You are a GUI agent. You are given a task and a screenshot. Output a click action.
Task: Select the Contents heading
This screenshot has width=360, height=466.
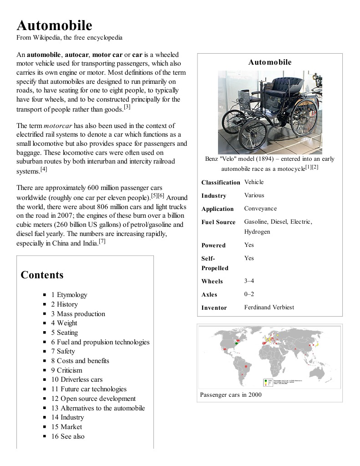[42, 275]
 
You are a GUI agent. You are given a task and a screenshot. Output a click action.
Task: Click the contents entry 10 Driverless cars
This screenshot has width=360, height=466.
[76, 379]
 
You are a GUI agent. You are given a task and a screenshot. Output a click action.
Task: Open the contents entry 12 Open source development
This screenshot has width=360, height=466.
[93, 399]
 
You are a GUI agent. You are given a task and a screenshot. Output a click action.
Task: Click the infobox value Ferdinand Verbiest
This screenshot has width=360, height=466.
[269, 307]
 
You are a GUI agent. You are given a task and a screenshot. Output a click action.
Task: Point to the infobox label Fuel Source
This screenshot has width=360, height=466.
[218, 222]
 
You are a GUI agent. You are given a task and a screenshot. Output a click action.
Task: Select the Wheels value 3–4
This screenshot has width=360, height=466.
[249, 281]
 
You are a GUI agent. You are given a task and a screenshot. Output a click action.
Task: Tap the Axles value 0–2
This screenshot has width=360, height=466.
[249, 294]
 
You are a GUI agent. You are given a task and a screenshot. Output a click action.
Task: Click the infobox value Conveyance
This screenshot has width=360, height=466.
[260, 209]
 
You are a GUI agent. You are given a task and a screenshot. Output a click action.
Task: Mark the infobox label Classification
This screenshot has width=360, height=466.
[221, 182]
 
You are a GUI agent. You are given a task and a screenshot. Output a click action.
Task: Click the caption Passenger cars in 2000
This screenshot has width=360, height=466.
[231, 394]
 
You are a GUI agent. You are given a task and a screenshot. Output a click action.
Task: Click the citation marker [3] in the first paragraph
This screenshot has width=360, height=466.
[127, 107]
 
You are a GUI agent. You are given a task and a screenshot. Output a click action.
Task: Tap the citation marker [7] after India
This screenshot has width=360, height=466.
[102, 241]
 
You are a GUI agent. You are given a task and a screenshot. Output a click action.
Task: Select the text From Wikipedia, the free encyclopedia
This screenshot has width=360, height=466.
[69, 37]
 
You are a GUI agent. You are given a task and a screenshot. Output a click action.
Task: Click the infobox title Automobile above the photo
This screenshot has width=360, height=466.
[269, 62]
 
